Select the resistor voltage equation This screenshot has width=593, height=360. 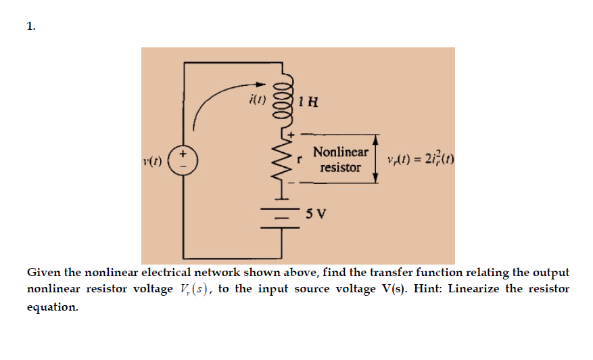click(419, 161)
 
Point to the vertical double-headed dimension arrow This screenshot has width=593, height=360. click(375, 158)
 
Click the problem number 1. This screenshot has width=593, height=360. click(30, 26)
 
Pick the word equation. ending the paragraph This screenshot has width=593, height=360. click(52, 307)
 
